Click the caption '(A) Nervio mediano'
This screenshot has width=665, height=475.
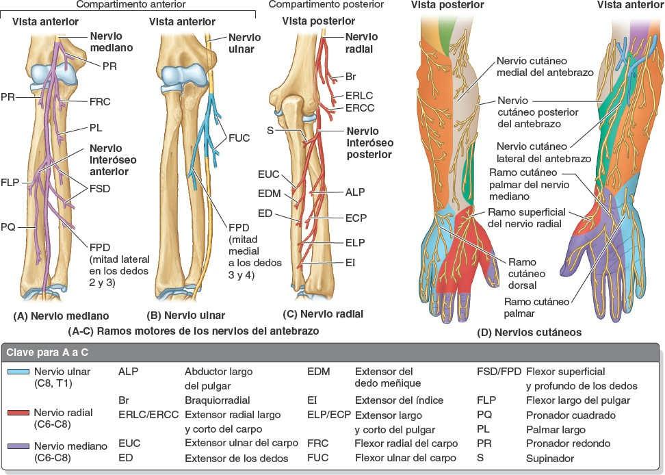(61, 316)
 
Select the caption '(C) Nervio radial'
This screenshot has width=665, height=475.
(323, 315)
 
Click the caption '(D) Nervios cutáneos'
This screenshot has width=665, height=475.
(530, 333)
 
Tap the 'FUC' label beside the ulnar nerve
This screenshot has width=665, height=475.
(241, 137)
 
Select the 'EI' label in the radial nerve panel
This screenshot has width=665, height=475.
(350, 261)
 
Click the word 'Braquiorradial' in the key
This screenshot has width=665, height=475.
(217, 400)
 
